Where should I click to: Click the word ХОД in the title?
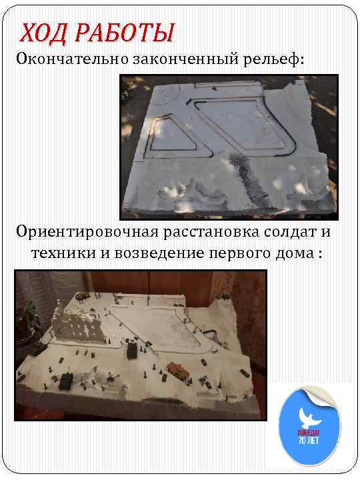click(43, 33)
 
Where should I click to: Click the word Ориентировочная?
click(87, 232)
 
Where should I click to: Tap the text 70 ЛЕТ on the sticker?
click(309, 441)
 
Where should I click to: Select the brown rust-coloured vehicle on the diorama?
click(178, 369)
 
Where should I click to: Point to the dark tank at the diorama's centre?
click(132, 350)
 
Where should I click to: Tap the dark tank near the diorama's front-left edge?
click(65, 381)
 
